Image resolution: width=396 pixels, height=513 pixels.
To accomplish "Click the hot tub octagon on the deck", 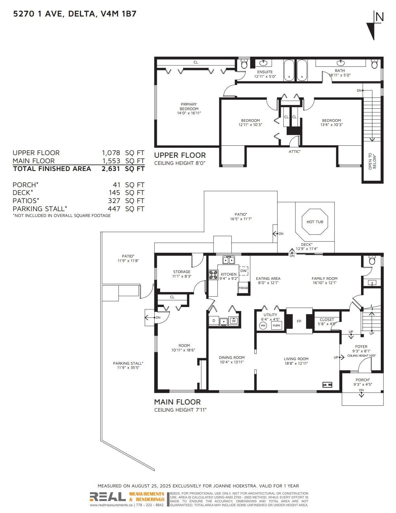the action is [314, 222].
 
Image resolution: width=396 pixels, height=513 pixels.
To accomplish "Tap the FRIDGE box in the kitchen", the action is [243, 288].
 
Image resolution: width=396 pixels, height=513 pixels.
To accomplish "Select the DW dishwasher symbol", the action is [243, 271].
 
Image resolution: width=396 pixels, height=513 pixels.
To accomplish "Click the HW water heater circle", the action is [263, 325].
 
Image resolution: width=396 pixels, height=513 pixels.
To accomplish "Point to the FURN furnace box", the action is [276, 325].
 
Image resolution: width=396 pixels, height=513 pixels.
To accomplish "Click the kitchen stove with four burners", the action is [213, 275].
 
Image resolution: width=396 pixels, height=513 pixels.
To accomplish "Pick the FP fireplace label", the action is [299, 321].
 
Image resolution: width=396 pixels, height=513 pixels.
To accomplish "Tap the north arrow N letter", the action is [379, 17].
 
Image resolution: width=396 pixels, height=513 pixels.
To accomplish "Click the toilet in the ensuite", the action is [244, 63].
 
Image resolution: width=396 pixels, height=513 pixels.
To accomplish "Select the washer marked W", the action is [234, 321].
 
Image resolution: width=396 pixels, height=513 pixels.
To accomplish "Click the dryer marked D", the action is [214, 321].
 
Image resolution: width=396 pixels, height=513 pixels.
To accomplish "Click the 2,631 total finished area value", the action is [111, 168].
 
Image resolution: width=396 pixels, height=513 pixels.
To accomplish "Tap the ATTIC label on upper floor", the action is [295, 152].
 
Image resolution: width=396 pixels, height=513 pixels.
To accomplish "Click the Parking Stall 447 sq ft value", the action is [114, 209].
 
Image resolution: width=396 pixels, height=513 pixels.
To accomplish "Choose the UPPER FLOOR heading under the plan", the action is [180, 155].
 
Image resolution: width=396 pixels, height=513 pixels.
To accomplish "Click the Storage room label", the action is [181, 272].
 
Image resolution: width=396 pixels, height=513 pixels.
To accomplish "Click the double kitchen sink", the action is [229, 260].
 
